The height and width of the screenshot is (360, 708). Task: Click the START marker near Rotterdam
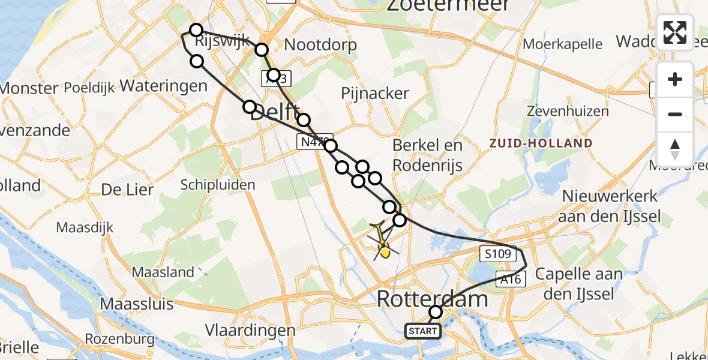(x=423, y=331)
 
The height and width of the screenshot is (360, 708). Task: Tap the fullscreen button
(x=675, y=32)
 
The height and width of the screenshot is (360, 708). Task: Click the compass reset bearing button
(x=675, y=149)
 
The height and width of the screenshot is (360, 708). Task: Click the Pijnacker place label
(x=375, y=93)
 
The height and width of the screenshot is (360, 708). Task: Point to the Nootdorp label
(x=320, y=44)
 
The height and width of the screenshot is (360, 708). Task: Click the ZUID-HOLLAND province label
(x=541, y=143)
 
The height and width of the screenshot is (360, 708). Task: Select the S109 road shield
(x=497, y=254)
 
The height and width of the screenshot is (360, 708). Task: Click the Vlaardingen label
(x=250, y=330)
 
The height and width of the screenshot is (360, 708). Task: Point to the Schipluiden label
(x=218, y=185)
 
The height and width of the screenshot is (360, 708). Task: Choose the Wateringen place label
(x=164, y=85)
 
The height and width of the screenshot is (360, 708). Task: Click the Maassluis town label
(x=137, y=303)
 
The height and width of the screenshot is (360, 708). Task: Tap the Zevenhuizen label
(x=568, y=111)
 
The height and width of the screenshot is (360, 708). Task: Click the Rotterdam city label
(x=433, y=298)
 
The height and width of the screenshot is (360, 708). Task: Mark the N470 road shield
(x=310, y=142)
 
